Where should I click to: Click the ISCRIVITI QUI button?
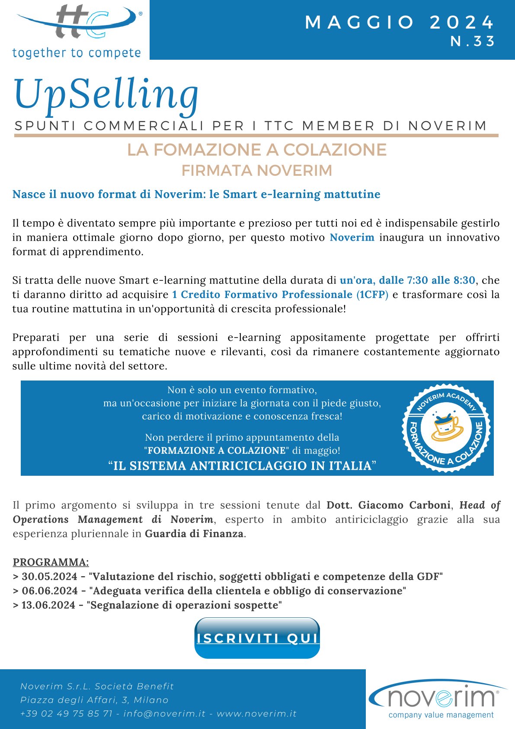tap(257, 638)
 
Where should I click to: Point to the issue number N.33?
tap(473, 41)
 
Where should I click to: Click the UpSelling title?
tap(106, 94)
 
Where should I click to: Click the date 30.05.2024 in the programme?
tap(49, 577)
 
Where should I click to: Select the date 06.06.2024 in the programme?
tap(49, 591)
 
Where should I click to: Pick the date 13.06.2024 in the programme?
tap(49, 605)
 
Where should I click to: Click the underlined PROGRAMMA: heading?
tap(51, 562)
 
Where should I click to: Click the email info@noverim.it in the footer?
tap(164, 713)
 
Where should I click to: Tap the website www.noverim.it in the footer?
tap(256, 713)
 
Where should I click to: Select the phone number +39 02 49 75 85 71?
tap(66, 713)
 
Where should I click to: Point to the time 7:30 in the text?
tap(417, 280)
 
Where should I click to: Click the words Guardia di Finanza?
tap(194, 534)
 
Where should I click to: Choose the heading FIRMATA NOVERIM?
tap(257, 171)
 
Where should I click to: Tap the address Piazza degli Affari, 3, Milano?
tap(94, 700)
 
